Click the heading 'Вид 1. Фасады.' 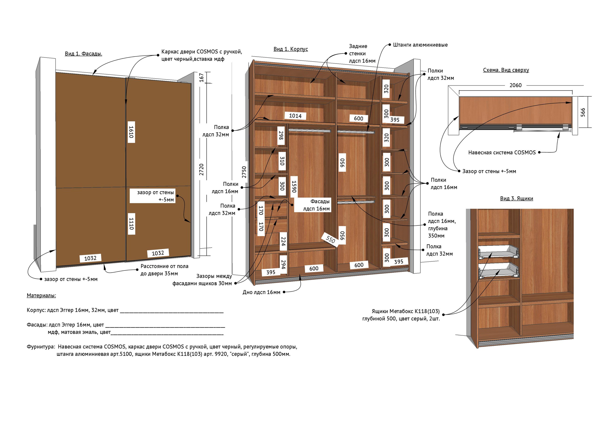pyautogui.click(x=83, y=54)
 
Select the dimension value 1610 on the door pyautogui.click(x=131, y=132)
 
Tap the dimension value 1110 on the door pyautogui.click(x=131, y=224)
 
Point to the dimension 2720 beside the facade pyautogui.click(x=201, y=169)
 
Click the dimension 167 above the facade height pyautogui.click(x=201, y=78)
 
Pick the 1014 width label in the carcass pyautogui.click(x=295, y=116)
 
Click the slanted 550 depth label pyautogui.click(x=330, y=239)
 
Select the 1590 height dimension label pyautogui.click(x=294, y=187)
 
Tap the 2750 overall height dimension pyautogui.click(x=244, y=172)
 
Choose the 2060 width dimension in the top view pyautogui.click(x=516, y=85)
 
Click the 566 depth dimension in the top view pyautogui.click(x=583, y=112)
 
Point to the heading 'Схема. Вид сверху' pyautogui.click(x=506, y=70)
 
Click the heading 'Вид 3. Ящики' pyautogui.click(x=517, y=198)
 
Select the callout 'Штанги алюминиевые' pyautogui.click(x=420, y=45)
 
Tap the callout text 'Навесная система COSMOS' pyautogui.click(x=502, y=152)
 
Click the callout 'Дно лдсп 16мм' pyautogui.click(x=262, y=292)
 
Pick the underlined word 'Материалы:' pyautogui.click(x=41, y=295)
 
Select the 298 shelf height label pyautogui.click(x=281, y=135)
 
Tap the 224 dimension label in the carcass pyautogui.click(x=283, y=241)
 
